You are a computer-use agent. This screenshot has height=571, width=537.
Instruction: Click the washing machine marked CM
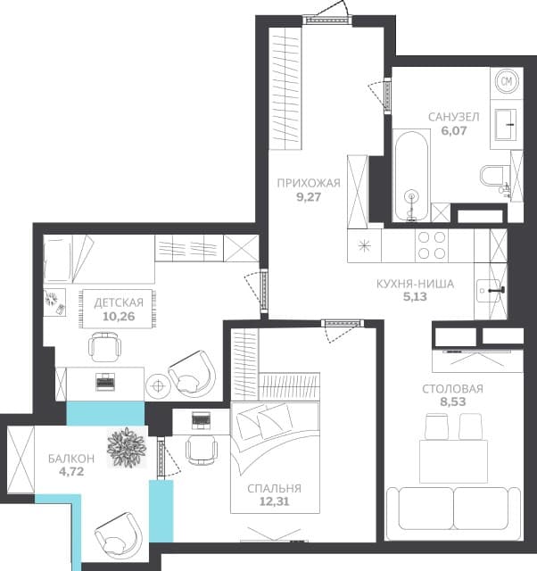click(x=507, y=81)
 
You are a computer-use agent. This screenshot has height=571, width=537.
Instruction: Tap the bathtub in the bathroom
click(x=411, y=176)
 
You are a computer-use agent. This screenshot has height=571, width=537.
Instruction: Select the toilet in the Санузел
click(x=493, y=176)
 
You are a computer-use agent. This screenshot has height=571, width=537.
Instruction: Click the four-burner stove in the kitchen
click(x=432, y=245)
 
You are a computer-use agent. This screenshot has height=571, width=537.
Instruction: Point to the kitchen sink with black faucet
click(x=490, y=291)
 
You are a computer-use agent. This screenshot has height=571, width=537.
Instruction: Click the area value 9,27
click(x=309, y=197)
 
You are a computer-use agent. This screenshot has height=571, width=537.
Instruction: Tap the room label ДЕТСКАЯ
click(x=119, y=302)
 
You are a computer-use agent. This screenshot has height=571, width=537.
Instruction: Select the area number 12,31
click(x=274, y=501)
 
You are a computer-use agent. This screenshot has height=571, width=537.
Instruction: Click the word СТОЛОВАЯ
click(x=452, y=389)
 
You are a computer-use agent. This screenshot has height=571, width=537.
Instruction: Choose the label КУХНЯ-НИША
click(x=415, y=284)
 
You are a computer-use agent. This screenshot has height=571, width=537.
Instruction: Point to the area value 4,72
click(x=71, y=472)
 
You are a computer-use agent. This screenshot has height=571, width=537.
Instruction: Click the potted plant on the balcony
click(x=127, y=448)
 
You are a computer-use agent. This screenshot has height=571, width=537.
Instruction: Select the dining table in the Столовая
click(x=453, y=461)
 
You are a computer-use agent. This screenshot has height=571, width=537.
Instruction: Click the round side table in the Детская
click(x=158, y=386)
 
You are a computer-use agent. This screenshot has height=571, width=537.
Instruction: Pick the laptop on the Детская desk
click(x=105, y=382)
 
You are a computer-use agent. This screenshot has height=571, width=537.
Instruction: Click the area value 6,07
click(x=454, y=131)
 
